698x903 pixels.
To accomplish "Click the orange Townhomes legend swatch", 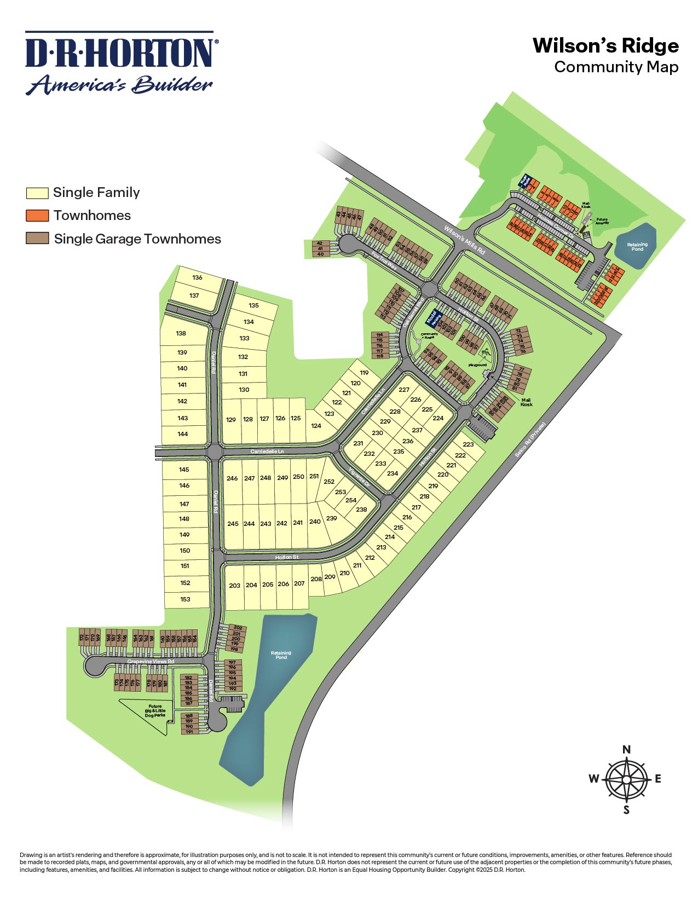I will [37, 215].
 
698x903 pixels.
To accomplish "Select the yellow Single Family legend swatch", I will [37, 193].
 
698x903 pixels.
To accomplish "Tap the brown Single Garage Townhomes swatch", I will [37, 239].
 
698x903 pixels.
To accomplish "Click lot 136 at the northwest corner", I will [197, 277].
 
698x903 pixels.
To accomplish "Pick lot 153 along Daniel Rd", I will [185, 599].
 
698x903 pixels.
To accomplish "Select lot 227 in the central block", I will [404, 390].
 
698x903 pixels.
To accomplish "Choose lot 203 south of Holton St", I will [235, 586].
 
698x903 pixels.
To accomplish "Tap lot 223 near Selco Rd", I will [468, 444].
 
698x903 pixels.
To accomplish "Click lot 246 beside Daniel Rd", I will [232, 478].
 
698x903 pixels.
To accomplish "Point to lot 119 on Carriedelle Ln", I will [364, 373].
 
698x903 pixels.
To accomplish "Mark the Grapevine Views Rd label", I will [151, 662].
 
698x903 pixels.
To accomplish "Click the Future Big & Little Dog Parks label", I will [155, 710].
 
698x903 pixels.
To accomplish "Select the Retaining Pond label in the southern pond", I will [281, 655].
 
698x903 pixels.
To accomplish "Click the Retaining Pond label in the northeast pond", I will [637, 247].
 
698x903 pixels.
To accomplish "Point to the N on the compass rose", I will [626, 749].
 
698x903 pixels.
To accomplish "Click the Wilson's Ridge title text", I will [605, 46].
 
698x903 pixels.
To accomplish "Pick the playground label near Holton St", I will [477, 365].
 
